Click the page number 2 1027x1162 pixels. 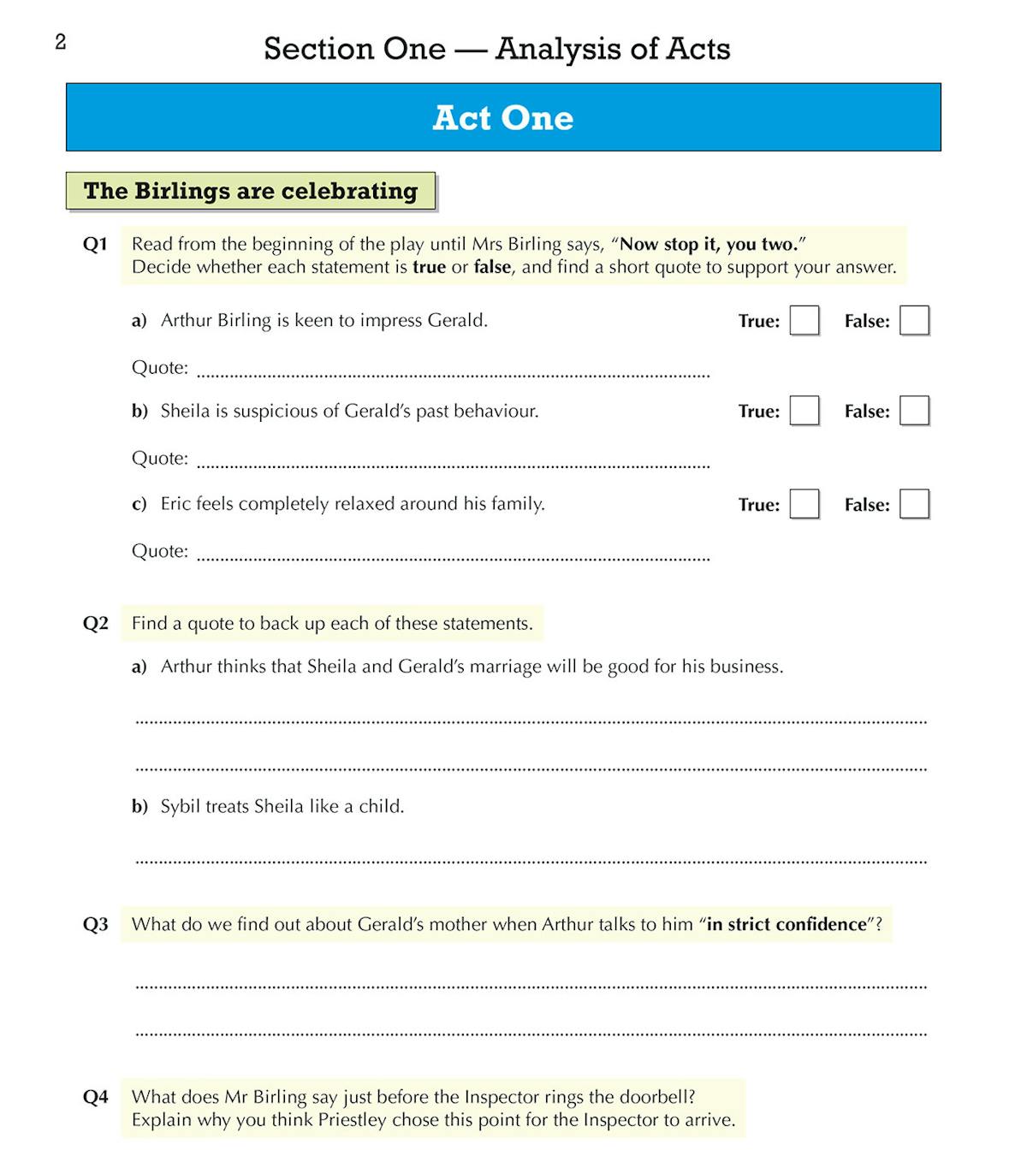tap(61, 42)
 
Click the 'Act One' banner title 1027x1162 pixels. tap(503, 118)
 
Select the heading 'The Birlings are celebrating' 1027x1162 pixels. tap(251, 191)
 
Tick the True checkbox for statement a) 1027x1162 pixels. tap(804, 321)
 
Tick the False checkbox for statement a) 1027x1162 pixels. tap(914, 321)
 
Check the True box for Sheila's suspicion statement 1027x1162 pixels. tap(804, 411)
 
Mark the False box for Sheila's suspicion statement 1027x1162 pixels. tap(914, 411)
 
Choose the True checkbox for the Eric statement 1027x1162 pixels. tap(804, 504)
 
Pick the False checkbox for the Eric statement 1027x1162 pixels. tap(914, 504)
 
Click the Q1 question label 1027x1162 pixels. tap(95, 245)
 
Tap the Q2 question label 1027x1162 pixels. tap(96, 624)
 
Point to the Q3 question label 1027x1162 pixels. tap(96, 925)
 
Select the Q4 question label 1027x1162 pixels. tap(96, 1098)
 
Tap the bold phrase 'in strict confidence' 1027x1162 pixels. tap(787, 925)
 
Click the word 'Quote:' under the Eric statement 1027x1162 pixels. tap(160, 551)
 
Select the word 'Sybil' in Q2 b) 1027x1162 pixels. tap(180, 806)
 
